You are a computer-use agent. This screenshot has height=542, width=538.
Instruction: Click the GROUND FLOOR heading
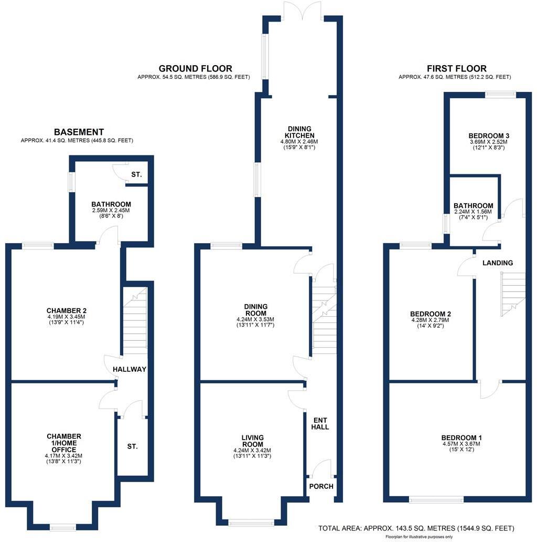point(195,68)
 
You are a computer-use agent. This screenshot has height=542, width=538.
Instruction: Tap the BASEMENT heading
point(79,132)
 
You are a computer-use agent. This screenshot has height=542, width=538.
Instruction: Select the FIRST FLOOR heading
point(457,68)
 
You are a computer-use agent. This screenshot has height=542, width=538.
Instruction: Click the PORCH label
point(321,486)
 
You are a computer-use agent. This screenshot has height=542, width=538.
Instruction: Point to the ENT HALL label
point(320,423)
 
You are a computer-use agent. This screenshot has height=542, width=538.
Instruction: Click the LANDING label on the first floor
point(498,263)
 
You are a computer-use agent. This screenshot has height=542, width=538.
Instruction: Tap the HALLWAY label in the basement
point(130,369)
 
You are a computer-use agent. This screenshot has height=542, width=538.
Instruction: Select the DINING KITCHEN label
point(299,132)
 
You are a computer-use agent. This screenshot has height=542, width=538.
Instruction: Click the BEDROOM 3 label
point(489,136)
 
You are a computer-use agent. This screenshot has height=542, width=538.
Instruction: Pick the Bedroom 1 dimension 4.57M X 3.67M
point(461,444)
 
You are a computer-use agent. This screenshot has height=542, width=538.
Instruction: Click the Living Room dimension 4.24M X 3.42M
point(252,451)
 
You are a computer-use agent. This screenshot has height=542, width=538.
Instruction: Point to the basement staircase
point(135,320)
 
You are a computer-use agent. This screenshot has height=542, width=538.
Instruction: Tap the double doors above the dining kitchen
point(303,11)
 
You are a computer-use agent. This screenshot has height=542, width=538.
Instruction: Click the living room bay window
point(251,522)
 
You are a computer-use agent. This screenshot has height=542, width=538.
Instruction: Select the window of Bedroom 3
point(501,94)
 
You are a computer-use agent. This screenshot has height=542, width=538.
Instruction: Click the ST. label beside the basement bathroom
point(136,174)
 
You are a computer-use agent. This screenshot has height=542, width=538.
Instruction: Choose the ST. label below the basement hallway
point(132,446)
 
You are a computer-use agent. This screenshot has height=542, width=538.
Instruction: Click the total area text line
point(416,528)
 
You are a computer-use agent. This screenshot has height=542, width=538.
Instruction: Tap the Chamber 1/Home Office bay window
point(63,527)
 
